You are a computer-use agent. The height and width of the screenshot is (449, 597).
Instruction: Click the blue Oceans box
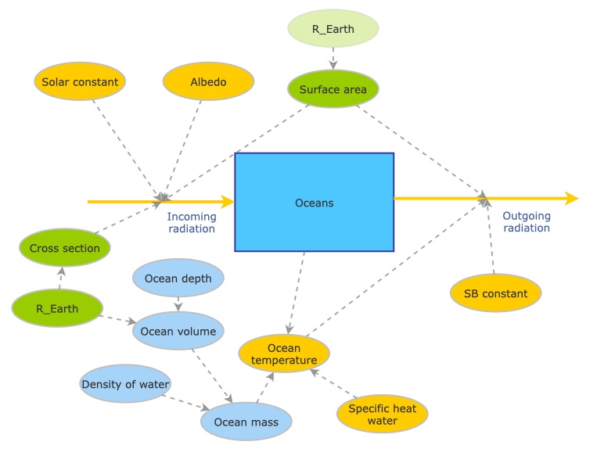coord(314,203)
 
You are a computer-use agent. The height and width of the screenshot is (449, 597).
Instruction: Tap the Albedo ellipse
coord(208,82)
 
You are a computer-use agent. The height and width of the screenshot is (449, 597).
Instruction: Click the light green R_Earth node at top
coord(333,29)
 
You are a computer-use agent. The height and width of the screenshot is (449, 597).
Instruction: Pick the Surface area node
coord(333,89)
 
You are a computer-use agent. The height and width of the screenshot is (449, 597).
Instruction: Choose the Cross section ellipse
coord(65,249)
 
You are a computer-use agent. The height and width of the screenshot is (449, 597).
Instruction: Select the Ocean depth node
coord(178,279)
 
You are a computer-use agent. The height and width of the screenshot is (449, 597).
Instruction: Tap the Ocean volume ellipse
coord(178,331)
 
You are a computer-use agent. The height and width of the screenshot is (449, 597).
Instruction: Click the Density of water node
coord(125,384)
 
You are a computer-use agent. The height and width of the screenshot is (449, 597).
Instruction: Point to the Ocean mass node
coord(246,422)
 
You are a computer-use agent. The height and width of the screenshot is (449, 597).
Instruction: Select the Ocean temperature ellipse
coord(284,354)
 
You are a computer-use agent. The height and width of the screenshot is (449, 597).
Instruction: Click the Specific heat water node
coord(383,414)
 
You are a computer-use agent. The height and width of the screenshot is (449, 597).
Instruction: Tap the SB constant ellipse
coord(496,294)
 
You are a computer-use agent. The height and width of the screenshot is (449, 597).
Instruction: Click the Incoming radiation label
coord(191,222)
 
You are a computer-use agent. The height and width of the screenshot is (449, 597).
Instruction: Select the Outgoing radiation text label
coord(526,222)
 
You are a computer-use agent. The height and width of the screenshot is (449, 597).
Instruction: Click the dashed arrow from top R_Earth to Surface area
coord(333,59)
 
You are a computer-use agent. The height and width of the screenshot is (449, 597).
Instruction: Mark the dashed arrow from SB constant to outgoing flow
coord(491,239)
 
